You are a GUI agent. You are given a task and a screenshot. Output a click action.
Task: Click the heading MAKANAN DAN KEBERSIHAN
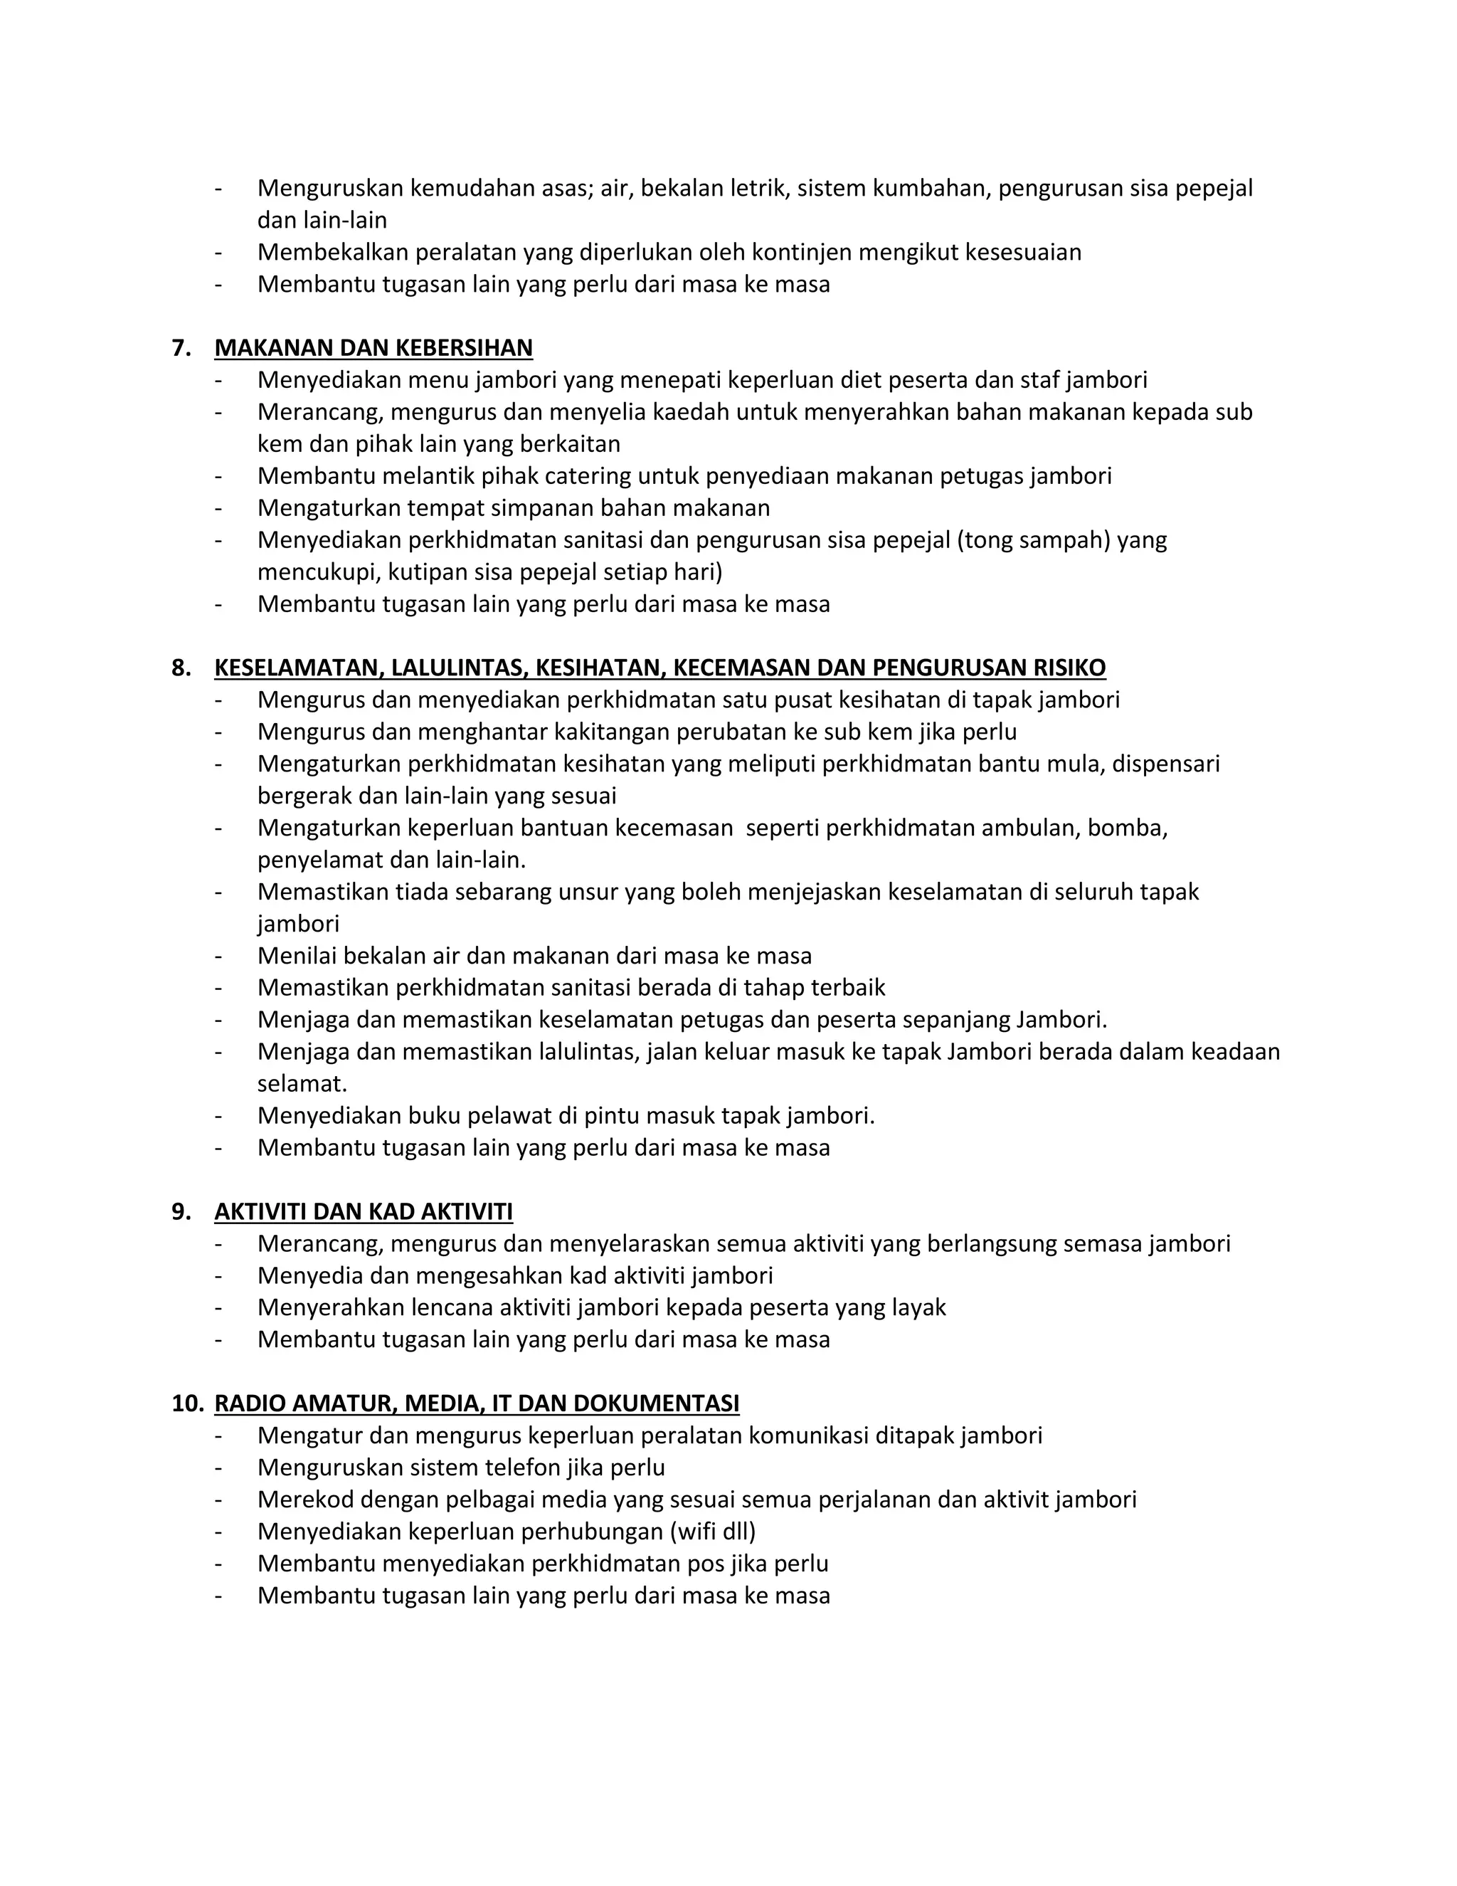373,348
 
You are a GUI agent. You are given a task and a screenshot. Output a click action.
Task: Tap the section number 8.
181,668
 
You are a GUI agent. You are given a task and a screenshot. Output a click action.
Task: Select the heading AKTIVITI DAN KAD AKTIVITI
364,1211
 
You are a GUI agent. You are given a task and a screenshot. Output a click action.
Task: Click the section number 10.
187,1403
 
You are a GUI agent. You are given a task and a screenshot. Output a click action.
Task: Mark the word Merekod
300,1499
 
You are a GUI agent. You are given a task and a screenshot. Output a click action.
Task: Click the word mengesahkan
493,1275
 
